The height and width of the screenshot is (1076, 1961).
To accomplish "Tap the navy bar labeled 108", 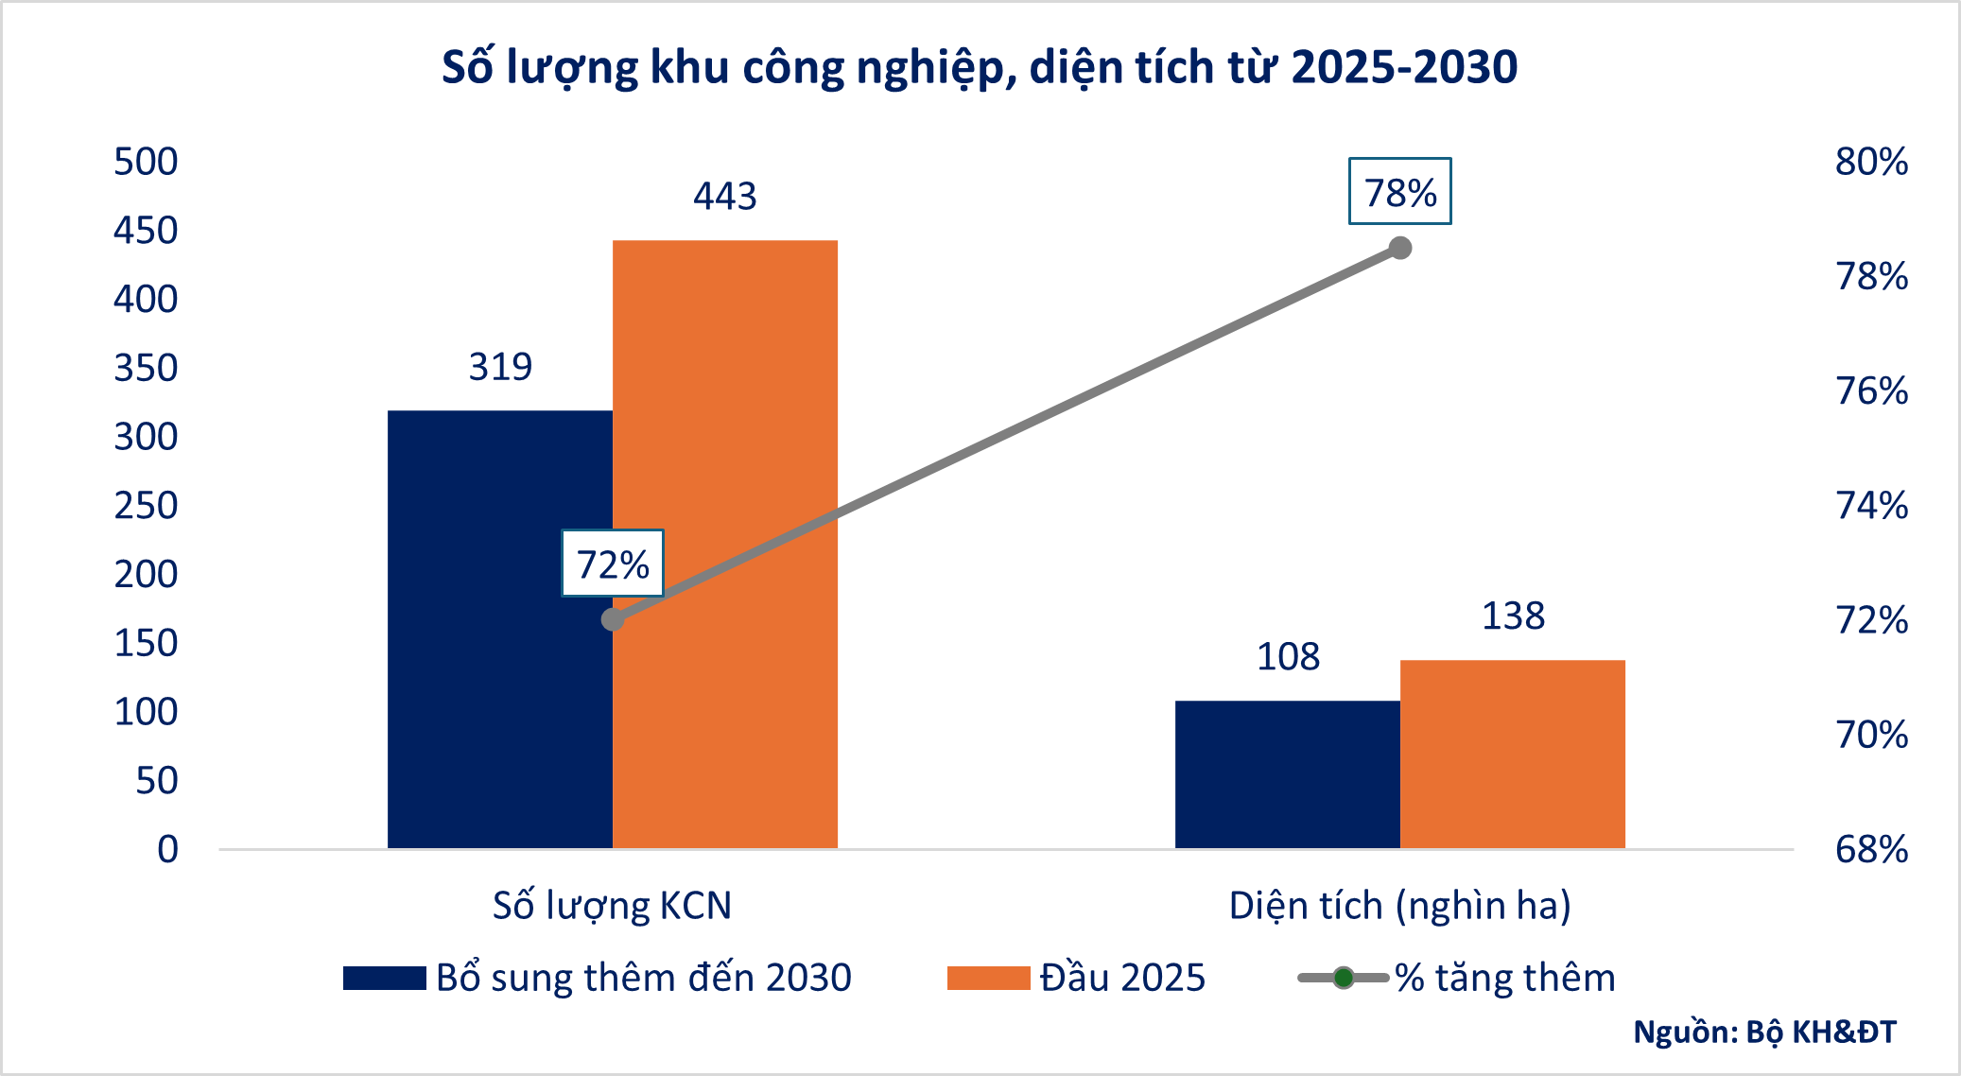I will click(x=1287, y=774).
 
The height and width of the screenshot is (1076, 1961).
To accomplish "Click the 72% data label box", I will click(x=613, y=564).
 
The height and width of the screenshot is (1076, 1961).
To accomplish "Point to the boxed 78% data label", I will click(x=1399, y=192).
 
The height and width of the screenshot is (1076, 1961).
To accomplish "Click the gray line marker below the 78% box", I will click(x=1400, y=249).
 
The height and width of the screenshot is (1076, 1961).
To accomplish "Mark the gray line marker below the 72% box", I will click(x=613, y=620).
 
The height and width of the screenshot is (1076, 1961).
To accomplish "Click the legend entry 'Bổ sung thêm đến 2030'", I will click(x=598, y=978).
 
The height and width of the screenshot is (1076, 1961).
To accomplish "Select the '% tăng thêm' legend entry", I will click(x=1457, y=978).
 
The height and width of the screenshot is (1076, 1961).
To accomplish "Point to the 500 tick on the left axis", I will click(x=146, y=162).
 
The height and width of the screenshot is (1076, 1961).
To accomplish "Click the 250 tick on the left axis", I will click(x=146, y=506).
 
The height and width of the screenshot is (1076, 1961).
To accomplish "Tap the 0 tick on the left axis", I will click(x=167, y=849).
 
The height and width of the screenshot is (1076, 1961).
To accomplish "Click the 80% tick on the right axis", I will click(x=1871, y=162).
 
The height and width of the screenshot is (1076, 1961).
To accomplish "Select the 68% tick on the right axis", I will click(x=1871, y=849).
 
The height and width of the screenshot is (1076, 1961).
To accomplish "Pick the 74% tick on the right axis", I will click(x=1871, y=506).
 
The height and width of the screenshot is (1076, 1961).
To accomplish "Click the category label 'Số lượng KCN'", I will click(x=612, y=906).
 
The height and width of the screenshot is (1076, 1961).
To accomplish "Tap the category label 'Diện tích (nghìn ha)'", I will click(x=1399, y=906).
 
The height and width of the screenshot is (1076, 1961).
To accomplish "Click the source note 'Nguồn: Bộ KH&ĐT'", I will click(x=1764, y=1032).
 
